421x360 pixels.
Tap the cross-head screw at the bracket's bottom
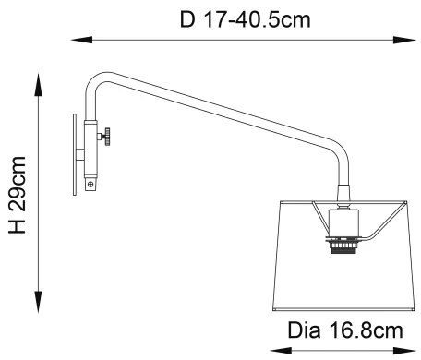pyautogui.click(x=90, y=184)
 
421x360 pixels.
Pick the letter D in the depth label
pyautogui.click(x=187, y=18)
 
